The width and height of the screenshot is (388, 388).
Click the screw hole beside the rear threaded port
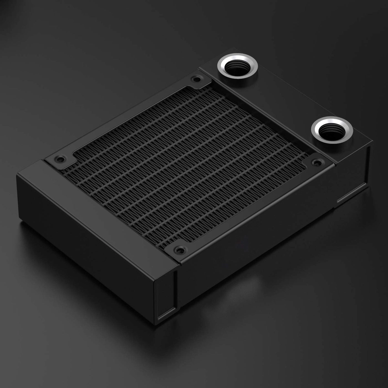pos(197,80)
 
